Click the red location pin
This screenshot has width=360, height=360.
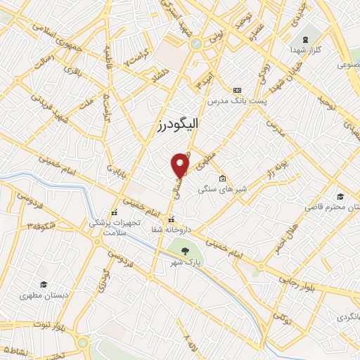[181, 165]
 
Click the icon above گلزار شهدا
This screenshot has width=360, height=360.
[304, 40]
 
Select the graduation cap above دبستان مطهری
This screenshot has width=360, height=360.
[44, 284]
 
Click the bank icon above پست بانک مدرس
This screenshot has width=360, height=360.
[237, 91]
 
